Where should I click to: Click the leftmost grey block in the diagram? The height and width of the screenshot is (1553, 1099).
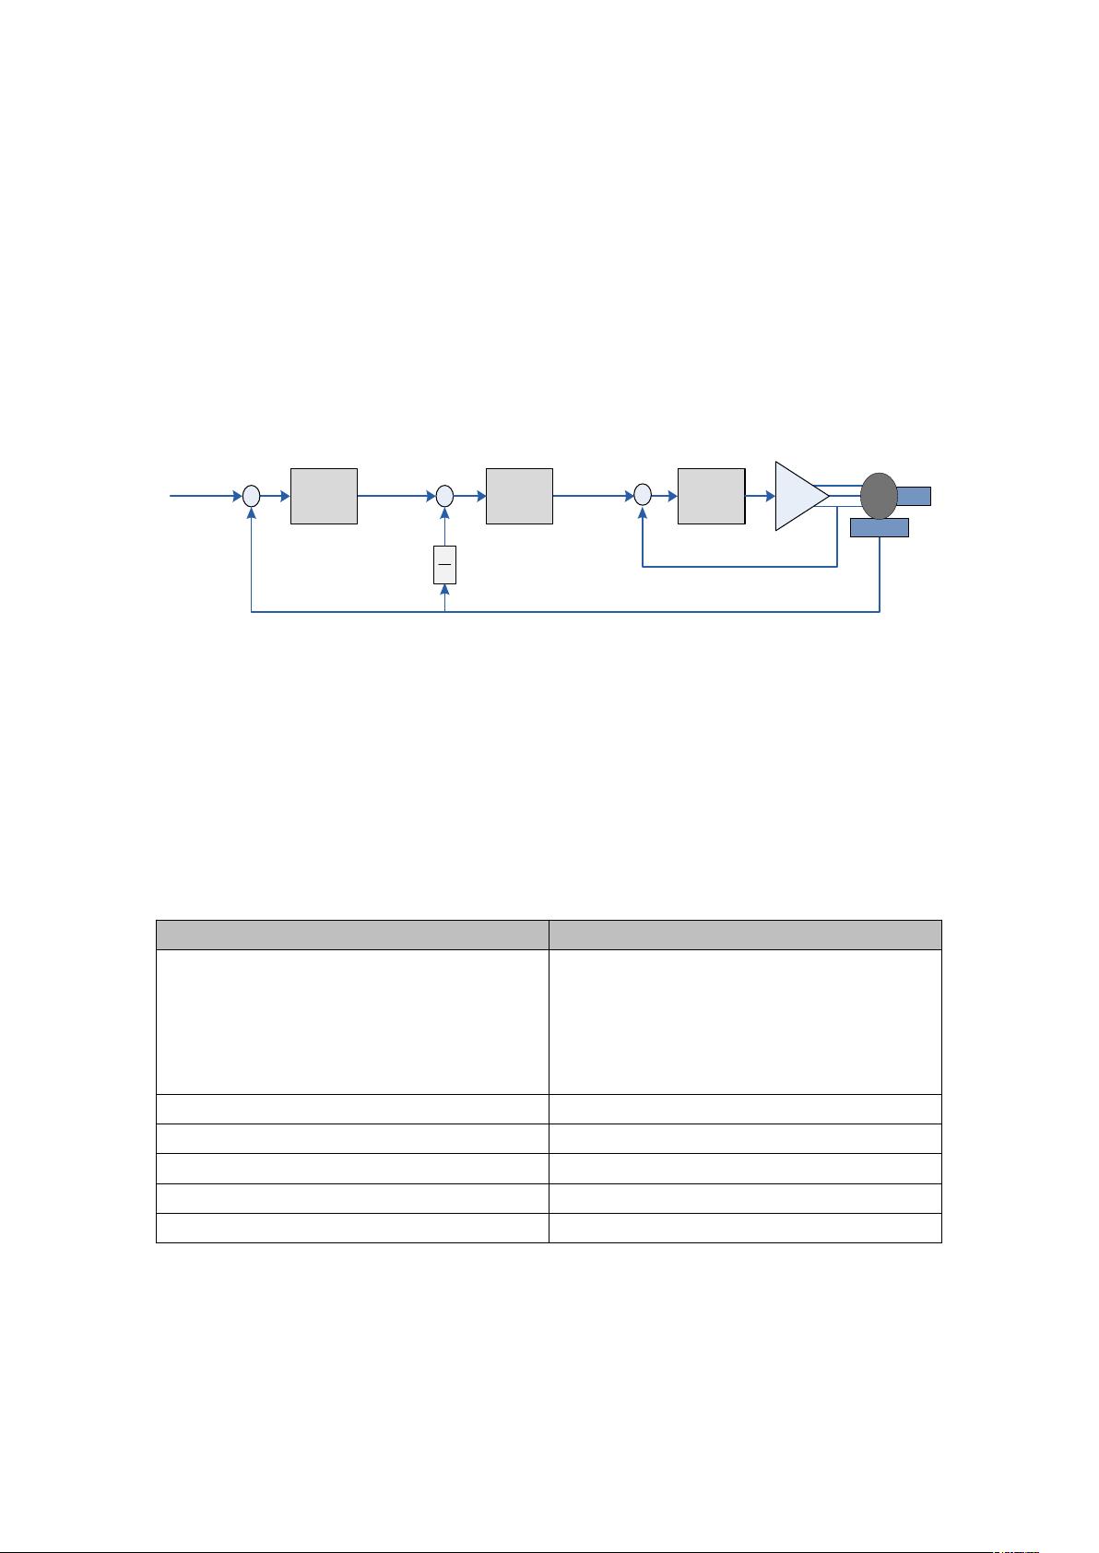324,496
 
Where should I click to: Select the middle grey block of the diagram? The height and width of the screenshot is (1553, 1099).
519,496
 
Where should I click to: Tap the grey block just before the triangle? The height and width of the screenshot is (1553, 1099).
711,496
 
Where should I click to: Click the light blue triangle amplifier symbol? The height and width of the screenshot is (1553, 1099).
798,496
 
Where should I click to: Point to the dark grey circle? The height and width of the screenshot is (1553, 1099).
879,495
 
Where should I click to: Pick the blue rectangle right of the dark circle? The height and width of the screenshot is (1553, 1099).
914,496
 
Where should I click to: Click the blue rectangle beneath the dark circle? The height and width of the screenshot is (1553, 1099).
879,527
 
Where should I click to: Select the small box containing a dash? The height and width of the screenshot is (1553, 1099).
444,564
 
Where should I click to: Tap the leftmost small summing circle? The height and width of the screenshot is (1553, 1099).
252,496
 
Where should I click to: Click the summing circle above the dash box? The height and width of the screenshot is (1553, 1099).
444,496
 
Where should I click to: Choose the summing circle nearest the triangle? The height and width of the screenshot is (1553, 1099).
643,496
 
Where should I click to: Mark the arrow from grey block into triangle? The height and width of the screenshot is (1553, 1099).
760,496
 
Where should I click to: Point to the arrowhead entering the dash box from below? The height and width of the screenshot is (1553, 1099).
444,589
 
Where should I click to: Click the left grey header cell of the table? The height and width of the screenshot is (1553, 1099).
352,935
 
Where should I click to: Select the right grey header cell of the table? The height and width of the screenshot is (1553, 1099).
745,935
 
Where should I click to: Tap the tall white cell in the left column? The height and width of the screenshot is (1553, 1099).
352,1021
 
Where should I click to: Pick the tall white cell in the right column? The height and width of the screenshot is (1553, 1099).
745,1021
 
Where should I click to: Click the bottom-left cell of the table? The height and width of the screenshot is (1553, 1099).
352,1228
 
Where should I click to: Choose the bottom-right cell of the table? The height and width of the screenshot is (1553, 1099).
745,1228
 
